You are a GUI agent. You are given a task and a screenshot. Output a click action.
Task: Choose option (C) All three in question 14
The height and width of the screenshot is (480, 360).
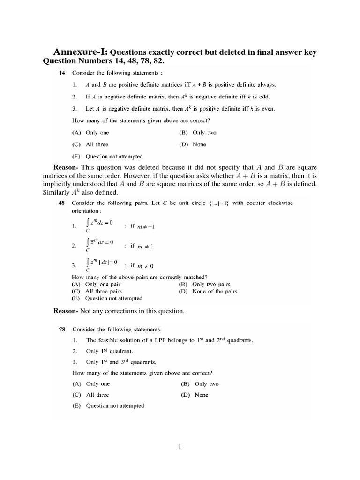(x=90, y=145)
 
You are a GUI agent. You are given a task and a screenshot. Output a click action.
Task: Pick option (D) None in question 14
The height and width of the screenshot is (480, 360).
(x=192, y=145)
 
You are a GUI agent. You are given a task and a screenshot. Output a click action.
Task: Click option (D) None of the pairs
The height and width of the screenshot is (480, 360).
(x=208, y=291)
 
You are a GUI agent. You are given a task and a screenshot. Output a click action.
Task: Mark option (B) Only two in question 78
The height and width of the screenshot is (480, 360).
(x=200, y=384)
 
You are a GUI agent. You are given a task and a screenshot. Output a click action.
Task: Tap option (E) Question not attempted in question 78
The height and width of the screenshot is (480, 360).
(x=108, y=406)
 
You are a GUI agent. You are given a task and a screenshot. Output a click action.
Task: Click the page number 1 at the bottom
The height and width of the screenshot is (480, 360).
(x=180, y=446)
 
